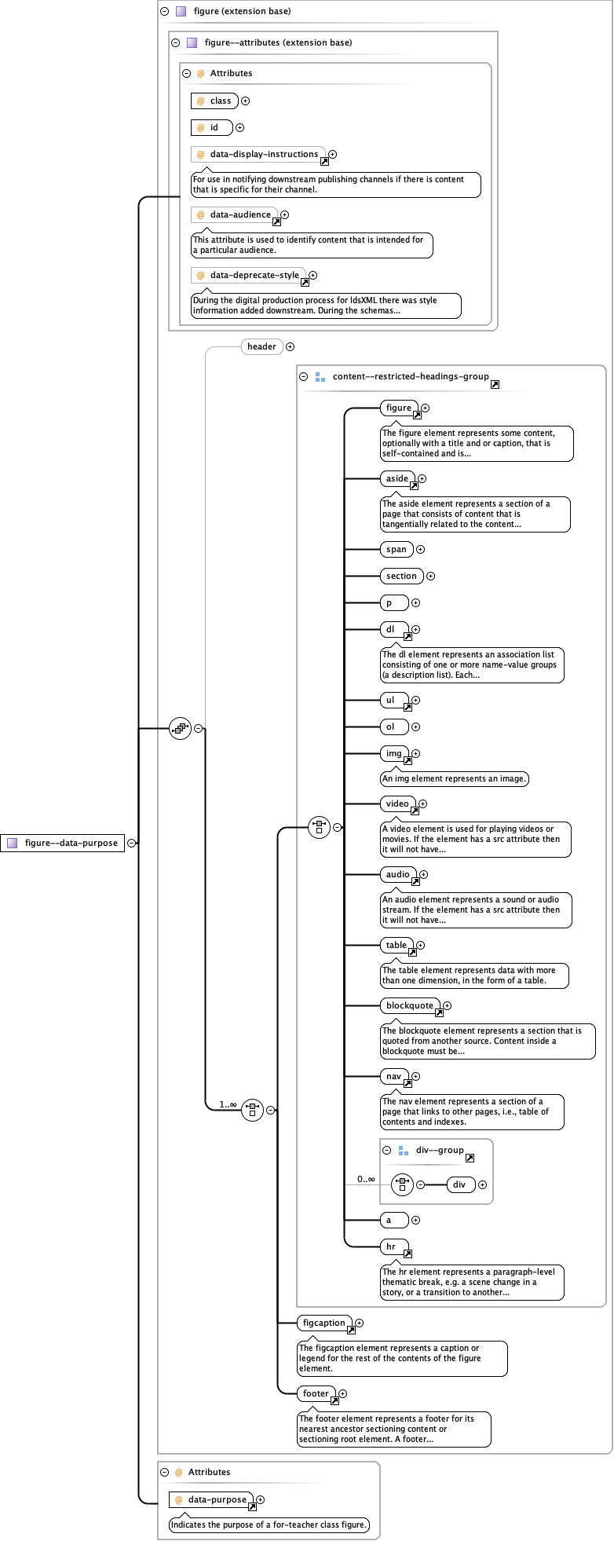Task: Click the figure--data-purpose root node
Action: coord(63,843)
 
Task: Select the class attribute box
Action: coord(214,101)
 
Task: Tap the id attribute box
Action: coord(211,127)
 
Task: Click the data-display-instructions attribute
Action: coord(258,154)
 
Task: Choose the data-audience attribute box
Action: coord(235,214)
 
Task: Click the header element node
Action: coord(261,346)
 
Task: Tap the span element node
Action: coord(397,549)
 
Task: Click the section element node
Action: coord(401,576)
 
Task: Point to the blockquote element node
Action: coord(410,1005)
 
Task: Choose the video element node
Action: coord(398,803)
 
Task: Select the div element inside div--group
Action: coord(460,1184)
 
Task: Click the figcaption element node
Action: coord(324,1323)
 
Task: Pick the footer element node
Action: coord(316,1393)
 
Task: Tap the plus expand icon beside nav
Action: coord(416,1076)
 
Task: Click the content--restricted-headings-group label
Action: coord(410,376)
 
